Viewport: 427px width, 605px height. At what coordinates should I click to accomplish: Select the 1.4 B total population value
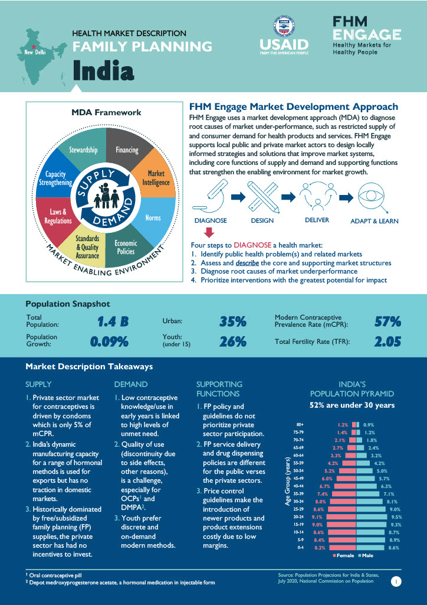click(113, 322)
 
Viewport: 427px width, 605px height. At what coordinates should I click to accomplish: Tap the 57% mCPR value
click(387, 322)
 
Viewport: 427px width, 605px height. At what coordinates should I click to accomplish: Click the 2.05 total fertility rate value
click(387, 341)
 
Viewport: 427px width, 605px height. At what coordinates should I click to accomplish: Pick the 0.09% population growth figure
click(109, 341)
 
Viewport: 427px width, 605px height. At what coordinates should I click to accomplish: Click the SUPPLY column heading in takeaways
click(38, 384)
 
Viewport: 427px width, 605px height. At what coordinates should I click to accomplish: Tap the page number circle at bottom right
click(396, 582)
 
